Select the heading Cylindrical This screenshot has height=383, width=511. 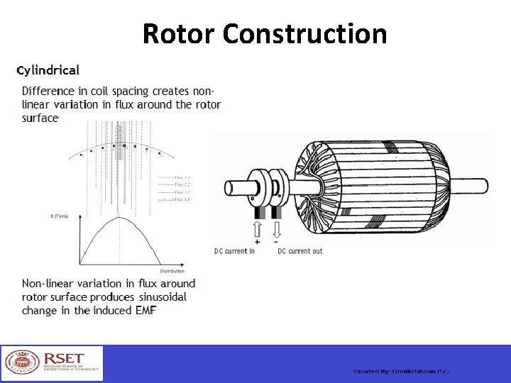click(x=48, y=70)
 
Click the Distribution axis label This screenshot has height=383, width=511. click(x=172, y=271)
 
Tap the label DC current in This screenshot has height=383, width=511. click(x=234, y=251)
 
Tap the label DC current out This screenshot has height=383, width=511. click(x=300, y=251)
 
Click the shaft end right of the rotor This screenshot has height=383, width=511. click(x=472, y=185)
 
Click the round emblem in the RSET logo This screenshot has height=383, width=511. click(x=21, y=363)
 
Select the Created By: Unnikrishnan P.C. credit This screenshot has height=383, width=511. click(x=402, y=372)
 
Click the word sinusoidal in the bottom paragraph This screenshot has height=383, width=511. click(x=159, y=296)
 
